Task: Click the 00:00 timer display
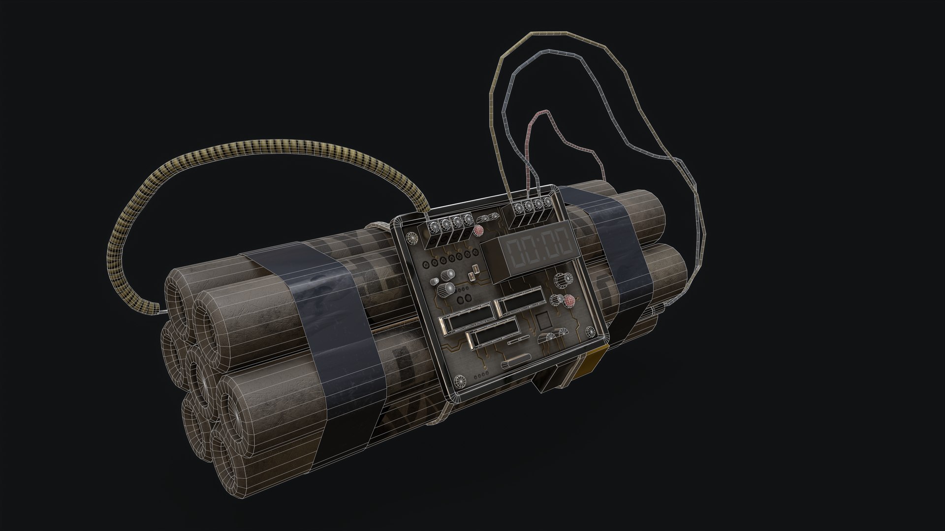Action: [540, 245]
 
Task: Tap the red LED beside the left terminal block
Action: [478, 231]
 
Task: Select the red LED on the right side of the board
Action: [568, 301]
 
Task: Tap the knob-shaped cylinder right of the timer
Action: [561, 280]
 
